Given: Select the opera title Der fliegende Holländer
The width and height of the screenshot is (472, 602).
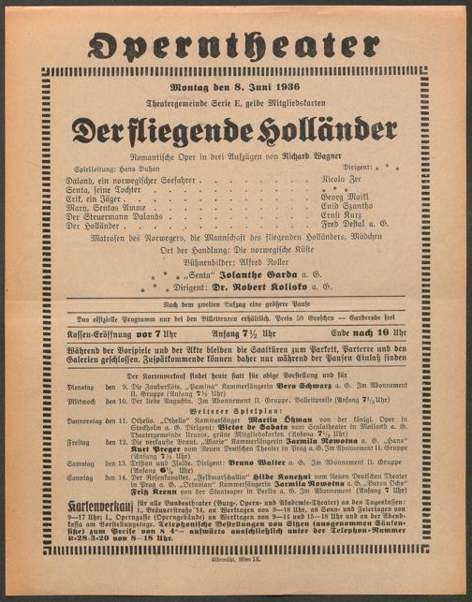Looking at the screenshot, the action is coord(235,129).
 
